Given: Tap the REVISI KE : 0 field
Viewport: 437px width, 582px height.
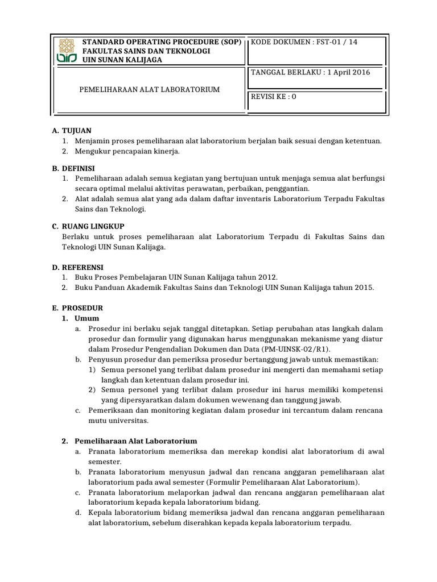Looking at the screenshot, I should [274, 97].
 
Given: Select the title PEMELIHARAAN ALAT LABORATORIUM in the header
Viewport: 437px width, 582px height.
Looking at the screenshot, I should [149, 90].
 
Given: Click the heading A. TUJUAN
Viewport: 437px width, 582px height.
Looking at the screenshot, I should [71, 131].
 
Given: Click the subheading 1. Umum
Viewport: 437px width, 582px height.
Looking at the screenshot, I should [81, 318].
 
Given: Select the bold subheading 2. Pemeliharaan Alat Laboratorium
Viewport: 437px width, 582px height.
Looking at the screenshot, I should [130, 441].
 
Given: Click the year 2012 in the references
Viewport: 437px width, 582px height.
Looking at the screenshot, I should [266, 277].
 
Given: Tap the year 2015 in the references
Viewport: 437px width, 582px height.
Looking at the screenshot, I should [364, 288].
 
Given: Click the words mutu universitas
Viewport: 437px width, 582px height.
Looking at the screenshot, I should [118, 421].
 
